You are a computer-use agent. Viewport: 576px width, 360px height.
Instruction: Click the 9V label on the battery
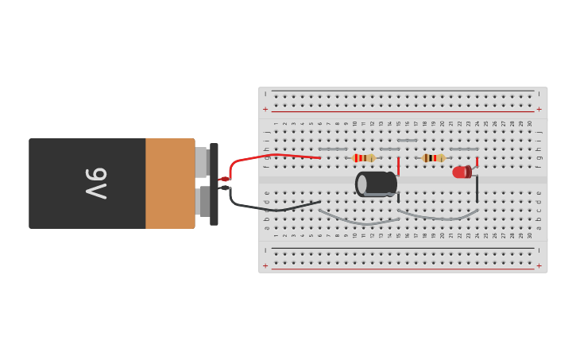tap(96, 184)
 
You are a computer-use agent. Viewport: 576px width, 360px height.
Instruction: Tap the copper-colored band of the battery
tap(170, 184)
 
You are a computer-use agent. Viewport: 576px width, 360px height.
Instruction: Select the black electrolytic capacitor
tap(376, 184)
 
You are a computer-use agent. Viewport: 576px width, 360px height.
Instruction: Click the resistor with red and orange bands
tap(364, 158)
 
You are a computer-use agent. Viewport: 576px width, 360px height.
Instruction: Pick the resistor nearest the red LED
tap(434, 158)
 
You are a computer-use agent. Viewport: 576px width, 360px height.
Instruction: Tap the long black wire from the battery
tap(270, 208)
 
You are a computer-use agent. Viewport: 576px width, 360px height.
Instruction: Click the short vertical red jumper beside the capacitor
tap(398, 166)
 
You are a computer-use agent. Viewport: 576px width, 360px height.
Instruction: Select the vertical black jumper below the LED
tap(477, 189)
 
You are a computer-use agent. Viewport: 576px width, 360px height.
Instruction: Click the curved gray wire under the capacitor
tap(358, 219)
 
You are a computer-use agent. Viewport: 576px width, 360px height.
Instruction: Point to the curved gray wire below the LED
tap(437, 216)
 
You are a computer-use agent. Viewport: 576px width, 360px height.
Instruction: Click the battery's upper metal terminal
tap(202, 162)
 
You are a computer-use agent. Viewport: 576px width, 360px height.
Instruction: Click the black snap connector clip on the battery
tap(214, 184)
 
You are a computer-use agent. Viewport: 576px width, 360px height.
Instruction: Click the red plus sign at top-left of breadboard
tap(265, 109)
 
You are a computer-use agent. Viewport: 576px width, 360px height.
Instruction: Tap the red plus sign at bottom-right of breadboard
tap(539, 265)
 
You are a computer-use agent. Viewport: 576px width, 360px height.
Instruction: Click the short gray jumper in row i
tap(407, 141)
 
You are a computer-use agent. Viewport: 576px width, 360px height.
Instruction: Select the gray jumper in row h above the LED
tap(464, 149)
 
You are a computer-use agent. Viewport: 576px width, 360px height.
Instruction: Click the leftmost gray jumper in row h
tap(333, 149)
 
